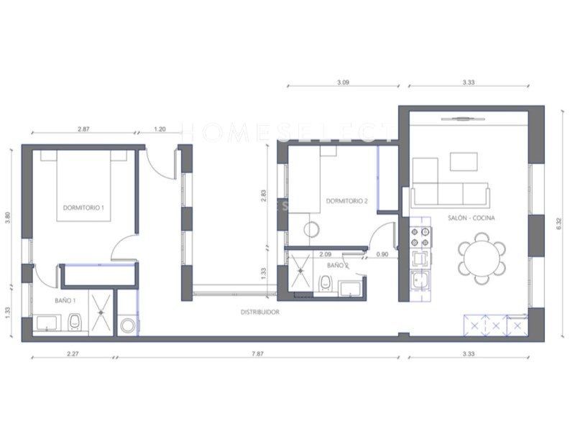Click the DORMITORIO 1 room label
pos(83,208)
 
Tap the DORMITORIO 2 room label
pos(346,201)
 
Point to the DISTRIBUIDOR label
pos(259,312)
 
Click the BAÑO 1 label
pos(65,301)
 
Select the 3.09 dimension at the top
pos(342,83)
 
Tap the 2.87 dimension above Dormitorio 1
pos(83,129)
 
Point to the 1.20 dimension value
pos(160,129)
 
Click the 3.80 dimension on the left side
pos(8,216)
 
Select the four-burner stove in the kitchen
pos(420,237)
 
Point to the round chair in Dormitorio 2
pos(312,230)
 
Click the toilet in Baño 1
pos(74,325)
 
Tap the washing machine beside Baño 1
pos(128,325)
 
